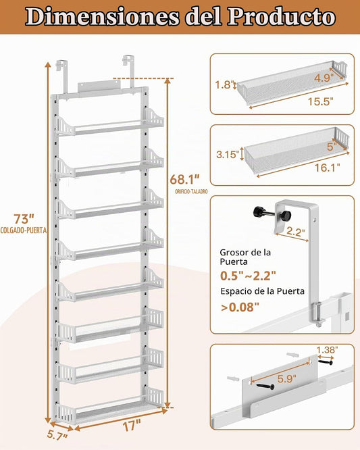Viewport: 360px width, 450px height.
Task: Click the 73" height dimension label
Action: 24,220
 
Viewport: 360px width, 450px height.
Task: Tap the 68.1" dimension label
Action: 184,180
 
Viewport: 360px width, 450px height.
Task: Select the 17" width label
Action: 132,426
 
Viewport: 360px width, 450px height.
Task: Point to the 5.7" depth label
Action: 57,436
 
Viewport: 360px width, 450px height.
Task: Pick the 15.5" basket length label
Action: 321,101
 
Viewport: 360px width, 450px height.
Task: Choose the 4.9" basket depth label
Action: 324,78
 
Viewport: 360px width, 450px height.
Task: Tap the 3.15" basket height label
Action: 228,155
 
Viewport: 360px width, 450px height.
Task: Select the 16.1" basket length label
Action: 328,168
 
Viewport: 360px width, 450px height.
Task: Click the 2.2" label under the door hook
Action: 296,232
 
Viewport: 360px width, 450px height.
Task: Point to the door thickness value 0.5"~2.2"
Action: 248,276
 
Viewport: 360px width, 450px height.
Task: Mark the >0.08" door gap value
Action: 240,307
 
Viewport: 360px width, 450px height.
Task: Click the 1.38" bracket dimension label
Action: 328,350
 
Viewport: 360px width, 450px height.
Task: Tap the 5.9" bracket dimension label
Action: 286,379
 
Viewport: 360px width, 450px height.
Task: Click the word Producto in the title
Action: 282,17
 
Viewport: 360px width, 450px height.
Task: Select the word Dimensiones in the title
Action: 103,17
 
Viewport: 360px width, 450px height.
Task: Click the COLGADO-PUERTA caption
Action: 24,230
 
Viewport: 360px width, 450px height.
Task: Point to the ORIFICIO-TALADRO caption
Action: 191,191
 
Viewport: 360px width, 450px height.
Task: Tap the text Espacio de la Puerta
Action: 263,291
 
